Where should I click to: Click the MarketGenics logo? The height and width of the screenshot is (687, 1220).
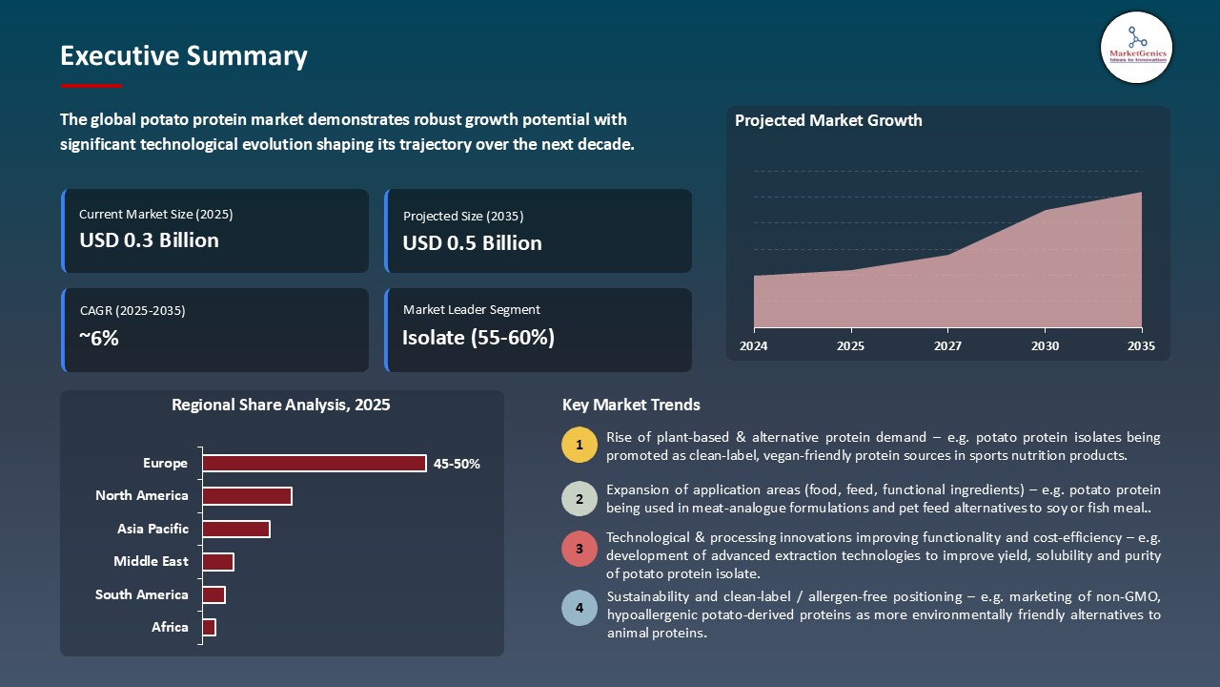(x=1135, y=47)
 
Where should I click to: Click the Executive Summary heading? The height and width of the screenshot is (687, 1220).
(x=183, y=56)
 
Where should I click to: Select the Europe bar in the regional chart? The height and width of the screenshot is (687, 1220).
(x=315, y=463)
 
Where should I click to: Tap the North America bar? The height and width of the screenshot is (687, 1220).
(x=247, y=496)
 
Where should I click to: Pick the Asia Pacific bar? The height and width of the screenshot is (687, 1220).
(x=236, y=529)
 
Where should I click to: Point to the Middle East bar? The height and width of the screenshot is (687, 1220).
(x=218, y=562)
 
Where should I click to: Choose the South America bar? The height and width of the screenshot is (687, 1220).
(x=213, y=594)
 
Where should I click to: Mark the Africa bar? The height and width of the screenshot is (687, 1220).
(x=210, y=627)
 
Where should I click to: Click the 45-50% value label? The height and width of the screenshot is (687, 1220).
(x=457, y=465)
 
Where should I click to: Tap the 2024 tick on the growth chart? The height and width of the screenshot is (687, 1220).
(x=753, y=346)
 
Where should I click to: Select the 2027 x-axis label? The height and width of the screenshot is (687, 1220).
(x=947, y=346)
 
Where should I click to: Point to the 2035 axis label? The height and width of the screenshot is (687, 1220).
(x=1141, y=346)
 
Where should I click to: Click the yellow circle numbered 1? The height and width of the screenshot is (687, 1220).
(x=579, y=446)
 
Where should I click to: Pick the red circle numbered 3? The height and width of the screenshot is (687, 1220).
(x=579, y=549)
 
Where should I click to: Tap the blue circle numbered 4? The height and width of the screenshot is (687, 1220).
(x=579, y=608)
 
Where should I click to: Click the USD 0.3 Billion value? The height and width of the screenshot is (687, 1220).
(x=149, y=240)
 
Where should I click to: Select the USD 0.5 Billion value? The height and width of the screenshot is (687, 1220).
(x=472, y=243)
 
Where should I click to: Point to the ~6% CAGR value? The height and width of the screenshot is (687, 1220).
(x=99, y=338)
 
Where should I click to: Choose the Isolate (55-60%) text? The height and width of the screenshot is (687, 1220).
(x=478, y=338)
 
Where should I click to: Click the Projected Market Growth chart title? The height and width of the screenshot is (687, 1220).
(x=828, y=120)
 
